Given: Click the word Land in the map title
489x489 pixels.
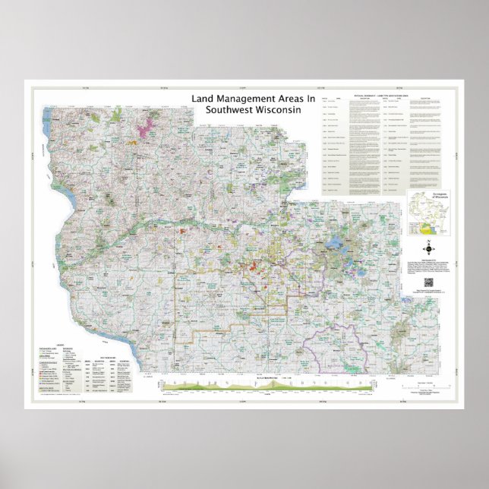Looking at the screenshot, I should point(202,99).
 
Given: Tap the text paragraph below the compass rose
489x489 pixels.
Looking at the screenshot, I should point(427,265).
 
